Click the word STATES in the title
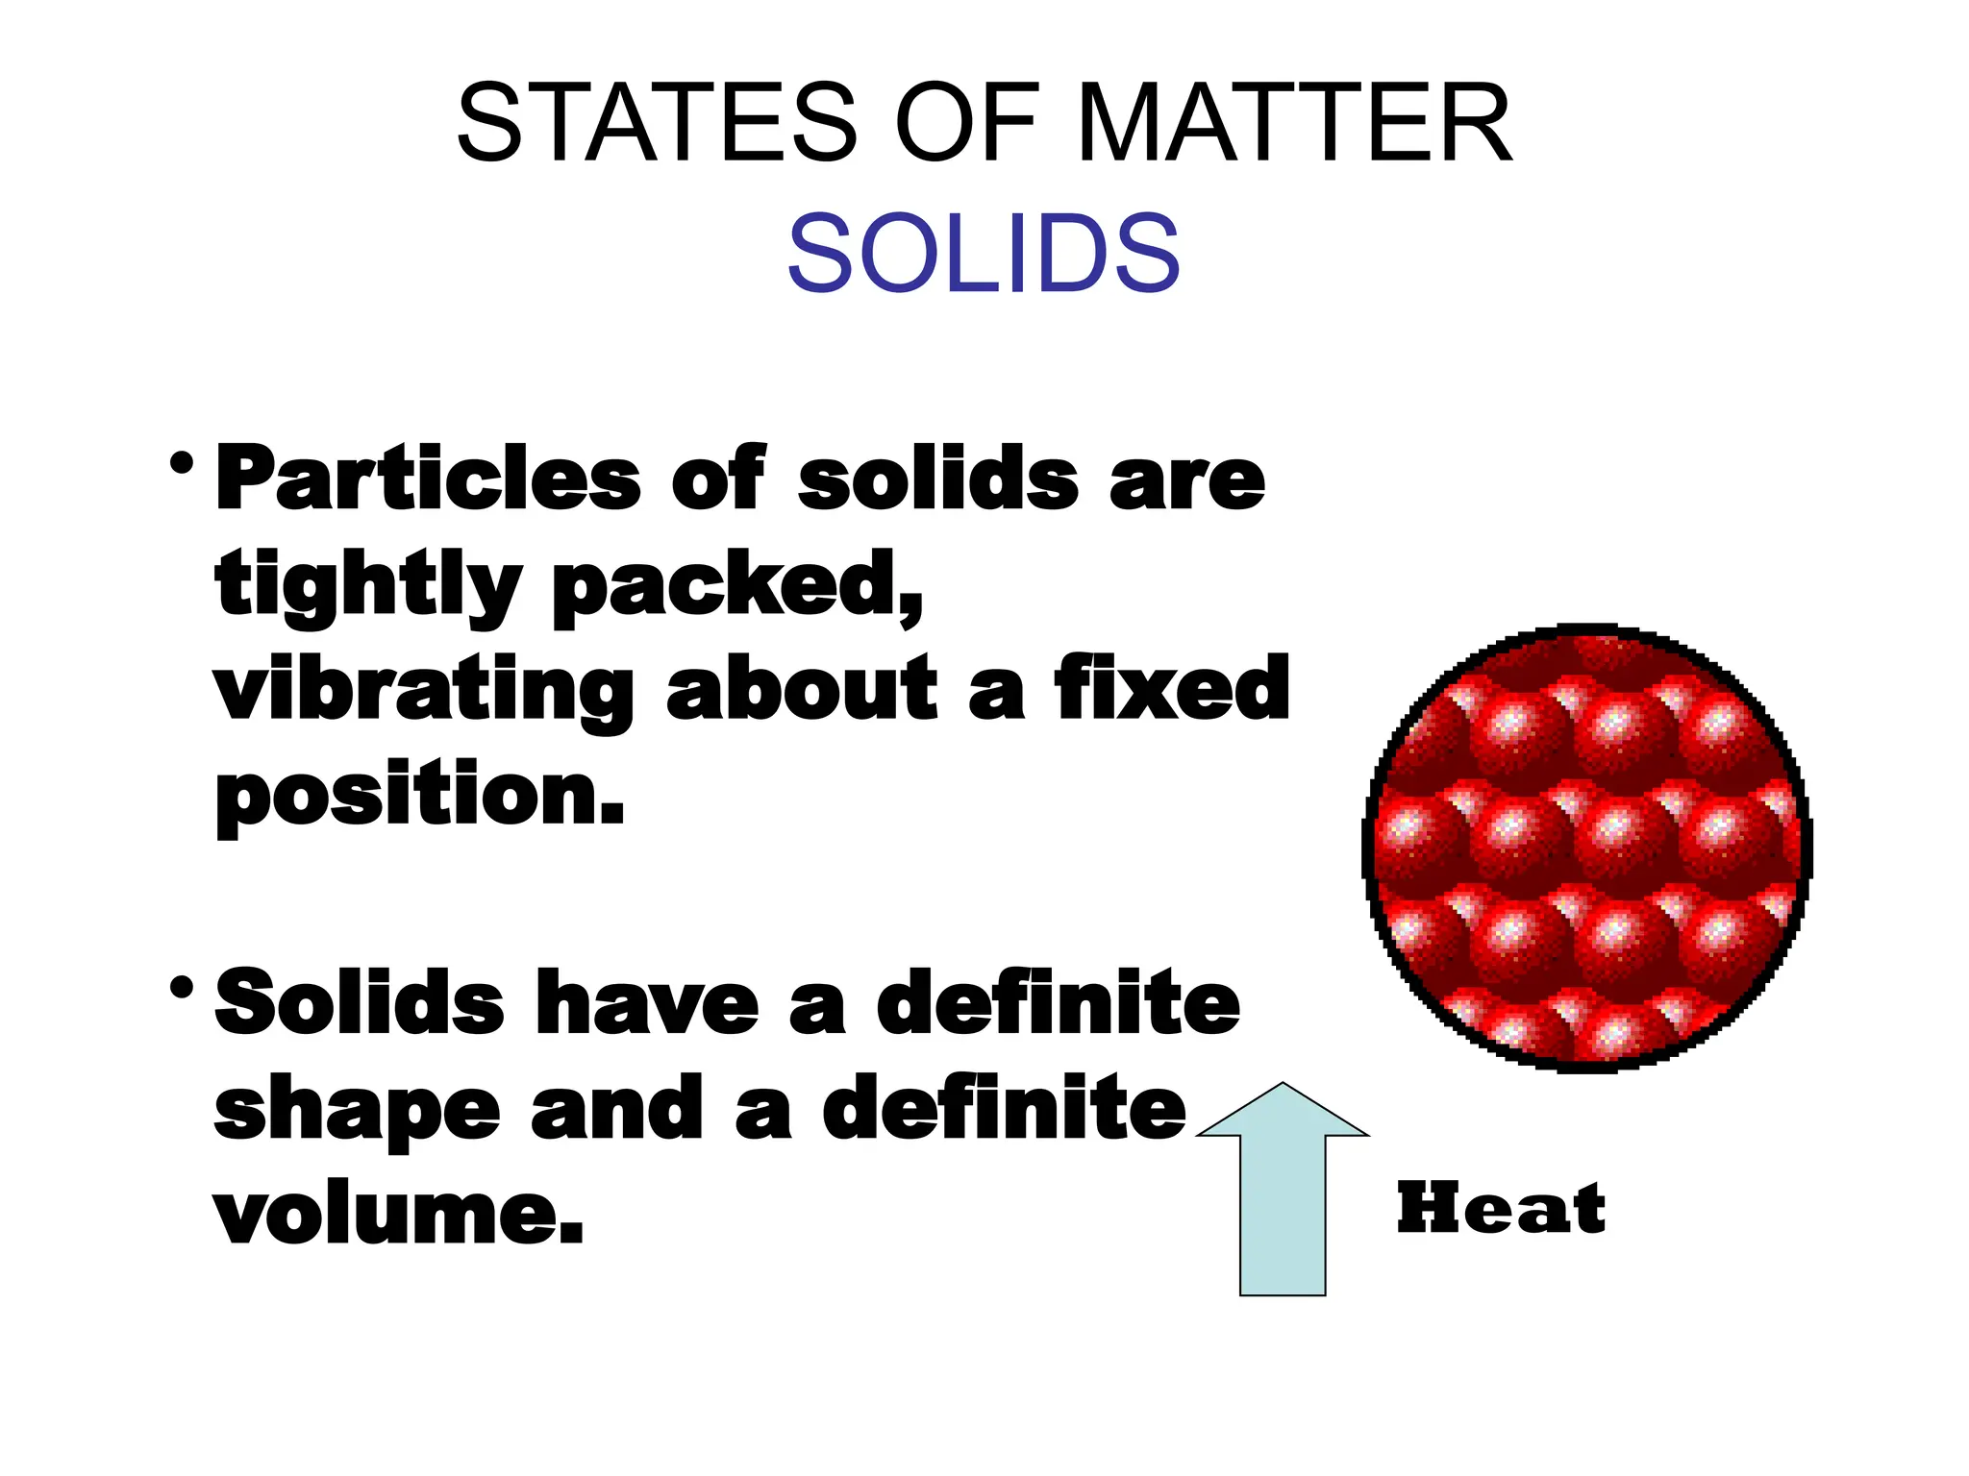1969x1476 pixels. tap(657, 123)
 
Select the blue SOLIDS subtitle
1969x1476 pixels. tap(984, 253)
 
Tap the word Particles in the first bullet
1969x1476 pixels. tap(429, 479)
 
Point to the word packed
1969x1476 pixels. tap(737, 586)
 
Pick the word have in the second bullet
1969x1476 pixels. tap(647, 1004)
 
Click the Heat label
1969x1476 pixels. tap(1501, 1209)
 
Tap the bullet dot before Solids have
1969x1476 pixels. tap(181, 988)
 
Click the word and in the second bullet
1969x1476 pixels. tap(613, 1109)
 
